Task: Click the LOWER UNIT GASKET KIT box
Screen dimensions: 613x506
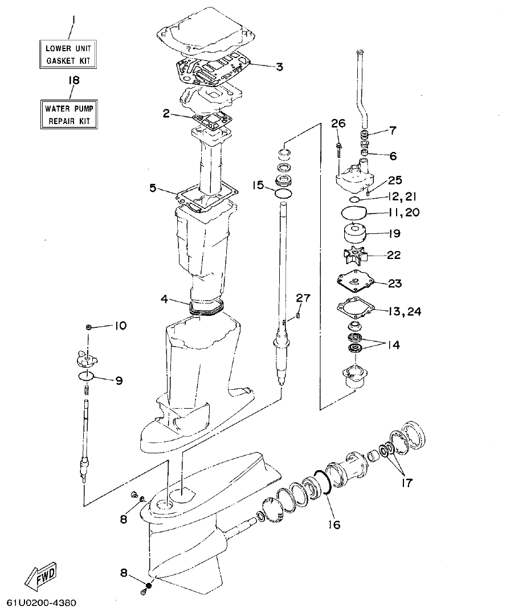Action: [x=67, y=54]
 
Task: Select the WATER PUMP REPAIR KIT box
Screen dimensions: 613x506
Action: [x=67, y=113]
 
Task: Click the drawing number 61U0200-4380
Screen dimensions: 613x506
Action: [x=41, y=602]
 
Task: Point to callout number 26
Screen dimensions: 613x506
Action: [x=338, y=124]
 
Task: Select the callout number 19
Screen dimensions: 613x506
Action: [x=394, y=233]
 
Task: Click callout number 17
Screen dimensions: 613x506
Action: [x=407, y=483]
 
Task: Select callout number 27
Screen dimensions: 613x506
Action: [x=303, y=298]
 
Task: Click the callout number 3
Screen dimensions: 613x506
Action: [x=279, y=67]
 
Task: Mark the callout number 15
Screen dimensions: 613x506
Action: [x=258, y=185]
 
